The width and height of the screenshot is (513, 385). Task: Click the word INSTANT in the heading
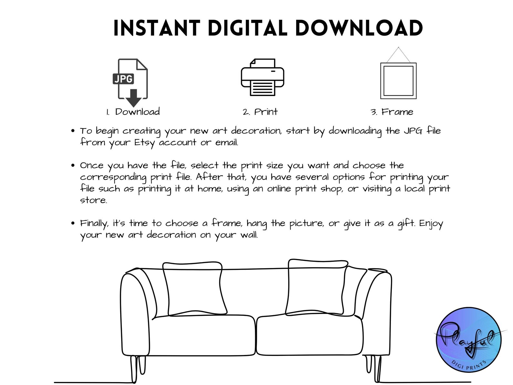tap(157, 28)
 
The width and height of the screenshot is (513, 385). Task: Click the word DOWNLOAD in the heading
tap(359, 28)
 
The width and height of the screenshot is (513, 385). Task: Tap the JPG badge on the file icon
tap(123, 79)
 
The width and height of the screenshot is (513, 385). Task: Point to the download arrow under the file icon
tap(133, 98)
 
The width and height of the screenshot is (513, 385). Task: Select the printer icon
tap(262, 77)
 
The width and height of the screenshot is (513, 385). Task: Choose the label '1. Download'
tap(133, 112)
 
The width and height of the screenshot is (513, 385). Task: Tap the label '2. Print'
tap(260, 112)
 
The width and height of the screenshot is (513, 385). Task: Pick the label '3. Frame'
tap(392, 112)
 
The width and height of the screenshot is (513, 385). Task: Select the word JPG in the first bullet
tap(413, 131)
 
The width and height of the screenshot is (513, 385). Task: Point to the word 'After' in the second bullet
tap(209, 177)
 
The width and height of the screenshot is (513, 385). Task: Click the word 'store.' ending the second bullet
tap(93, 200)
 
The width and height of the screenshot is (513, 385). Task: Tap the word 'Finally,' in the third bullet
tap(94, 224)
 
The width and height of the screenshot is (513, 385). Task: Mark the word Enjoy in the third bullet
tap(431, 224)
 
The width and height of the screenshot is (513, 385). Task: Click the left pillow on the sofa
tap(195, 289)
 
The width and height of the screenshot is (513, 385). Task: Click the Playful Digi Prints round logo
tap(469, 340)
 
